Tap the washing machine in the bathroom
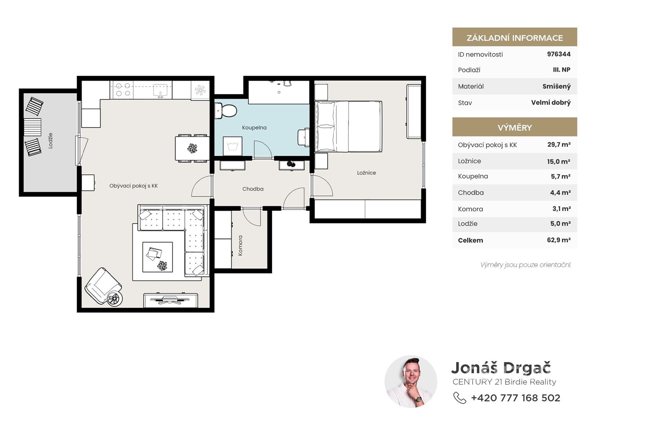click(233, 146)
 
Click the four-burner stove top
click(123, 89)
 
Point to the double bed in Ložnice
click(348, 126)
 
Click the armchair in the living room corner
click(104, 286)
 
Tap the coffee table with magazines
click(157, 257)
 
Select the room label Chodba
click(253, 189)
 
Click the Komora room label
click(240, 245)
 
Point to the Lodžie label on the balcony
click(51, 141)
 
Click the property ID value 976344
click(558, 54)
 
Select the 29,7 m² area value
click(559, 144)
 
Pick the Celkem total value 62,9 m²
click(558, 240)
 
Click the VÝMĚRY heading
click(515, 127)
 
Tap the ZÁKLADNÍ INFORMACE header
click(515, 38)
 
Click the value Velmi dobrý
click(551, 103)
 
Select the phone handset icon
click(459, 398)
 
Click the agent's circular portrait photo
click(411, 382)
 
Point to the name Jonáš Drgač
click(501, 368)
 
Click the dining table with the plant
click(192, 148)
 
